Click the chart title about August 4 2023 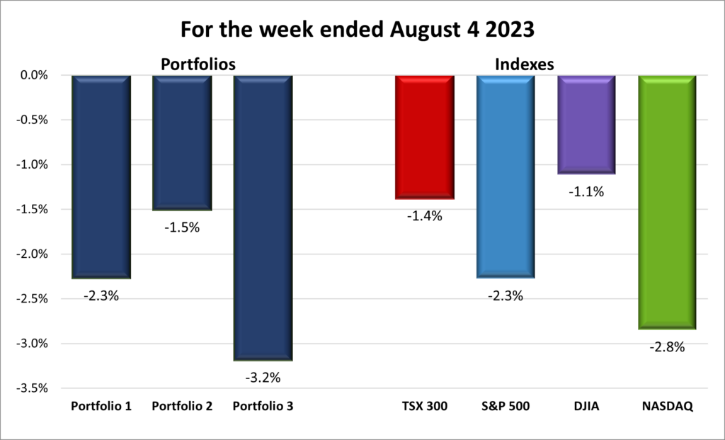click(x=362, y=30)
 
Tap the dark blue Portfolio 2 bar click(x=182, y=142)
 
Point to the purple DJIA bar click(x=586, y=125)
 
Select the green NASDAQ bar click(x=667, y=202)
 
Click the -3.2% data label click(x=263, y=378)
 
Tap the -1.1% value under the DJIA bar click(x=586, y=191)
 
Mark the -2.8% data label click(x=667, y=347)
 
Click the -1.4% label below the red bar click(x=424, y=217)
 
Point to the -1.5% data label click(x=182, y=228)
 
